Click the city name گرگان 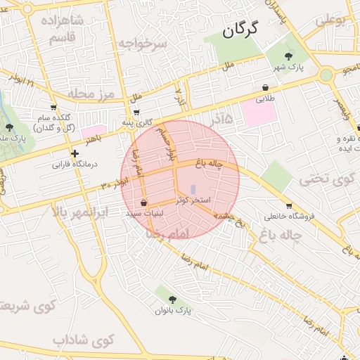pos(240,30)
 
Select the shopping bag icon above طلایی pos(266,88)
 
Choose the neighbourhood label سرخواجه pos(141,44)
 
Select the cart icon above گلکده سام pos(53,107)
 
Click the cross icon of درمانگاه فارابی pos(75,153)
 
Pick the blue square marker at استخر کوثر pos(193,188)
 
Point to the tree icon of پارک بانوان pos(173,299)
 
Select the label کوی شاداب pos(83,340)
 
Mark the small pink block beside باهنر pos(92,131)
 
